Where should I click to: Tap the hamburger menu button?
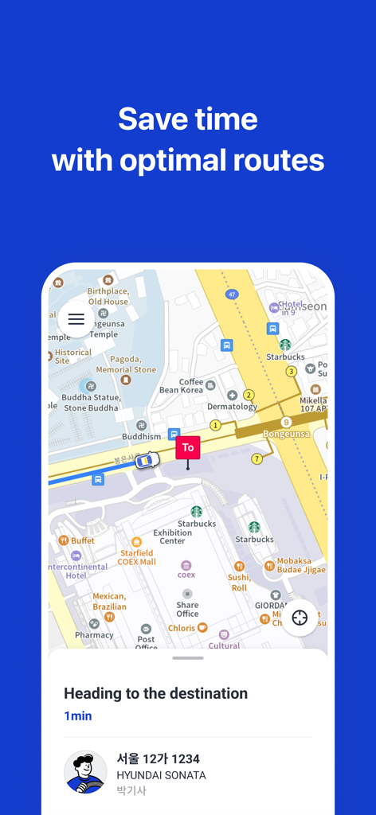click(76, 319)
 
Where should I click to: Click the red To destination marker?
click(188, 448)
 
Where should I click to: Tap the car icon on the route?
click(145, 461)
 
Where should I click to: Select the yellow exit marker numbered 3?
click(292, 371)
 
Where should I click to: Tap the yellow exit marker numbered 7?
click(257, 458)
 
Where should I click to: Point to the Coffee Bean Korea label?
click(181, 386)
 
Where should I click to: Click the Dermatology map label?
click(232, 407)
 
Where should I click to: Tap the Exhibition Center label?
click(172, 536)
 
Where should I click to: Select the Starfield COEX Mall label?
click(137, 557)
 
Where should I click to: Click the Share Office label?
click(188, 609)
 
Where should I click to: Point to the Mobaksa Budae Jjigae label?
click(301, 565)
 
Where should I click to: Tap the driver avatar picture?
click(85, 772)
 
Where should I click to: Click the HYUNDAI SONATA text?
click(161, 775)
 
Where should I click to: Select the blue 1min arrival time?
click(78, 716)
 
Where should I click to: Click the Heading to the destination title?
click(155, 693)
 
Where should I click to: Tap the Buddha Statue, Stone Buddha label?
click(92, 403)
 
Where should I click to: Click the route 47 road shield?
click(232, 294)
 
